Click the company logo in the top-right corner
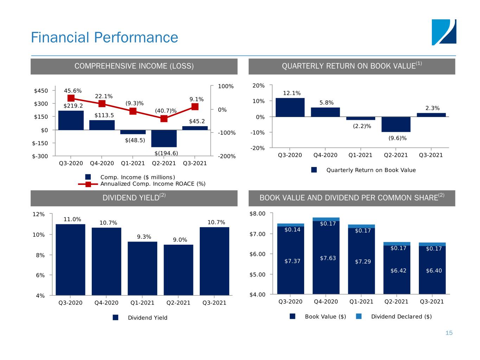click(444, 32)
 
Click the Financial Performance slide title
click(104, 37)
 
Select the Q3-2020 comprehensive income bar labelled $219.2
click(71, 120)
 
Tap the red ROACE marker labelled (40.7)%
click(164, 118)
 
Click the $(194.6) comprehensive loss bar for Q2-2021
click(164, 139)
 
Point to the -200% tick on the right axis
click(226, 156)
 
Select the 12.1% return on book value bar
click(290, 107)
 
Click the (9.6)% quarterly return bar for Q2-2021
click(396, 124)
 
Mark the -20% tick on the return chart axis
click(258, 148)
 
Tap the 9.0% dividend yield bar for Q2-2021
click(178, 270)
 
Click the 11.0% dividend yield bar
click(70, 259)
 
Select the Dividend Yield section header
click(134, 198)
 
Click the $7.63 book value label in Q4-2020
click(328, 258)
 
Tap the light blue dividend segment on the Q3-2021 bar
click(432, 244)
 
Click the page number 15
click(449, 333)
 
